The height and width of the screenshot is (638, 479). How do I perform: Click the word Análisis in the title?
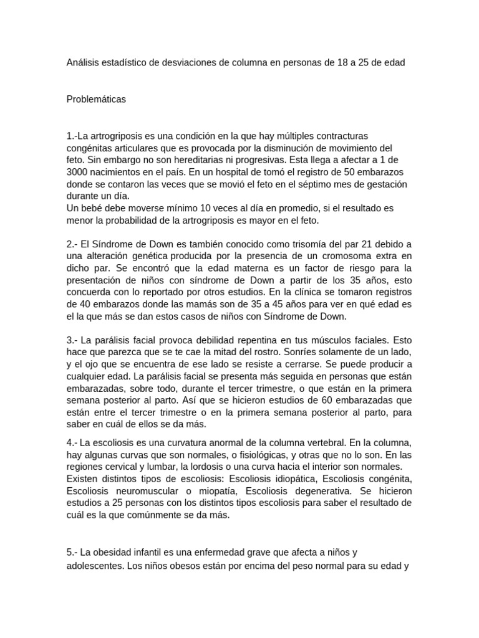click(84, 63)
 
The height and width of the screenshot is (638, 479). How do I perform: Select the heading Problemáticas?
click(96, 99)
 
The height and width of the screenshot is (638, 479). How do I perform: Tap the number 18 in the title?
click(337, 63)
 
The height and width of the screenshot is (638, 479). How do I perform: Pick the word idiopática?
click(300, 478)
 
